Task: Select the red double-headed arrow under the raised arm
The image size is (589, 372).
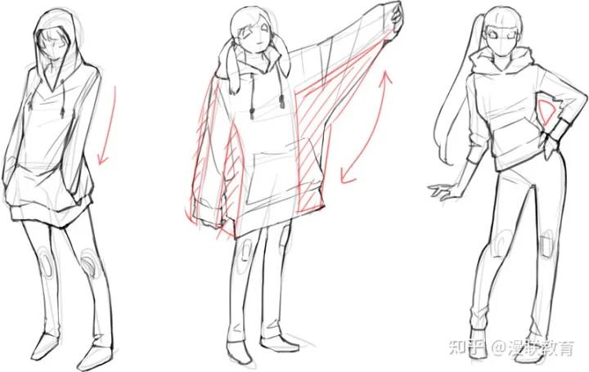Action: tap(362, 127)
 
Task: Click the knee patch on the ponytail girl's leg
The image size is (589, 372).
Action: tap(546, 244)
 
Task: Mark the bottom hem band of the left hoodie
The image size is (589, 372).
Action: tap(49, 213)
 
